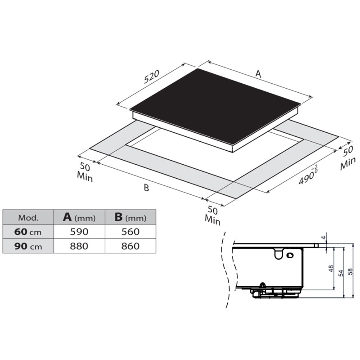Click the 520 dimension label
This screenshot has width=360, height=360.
click(152, 76)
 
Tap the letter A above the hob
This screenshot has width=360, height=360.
click(258, 74)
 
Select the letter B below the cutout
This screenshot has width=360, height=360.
click(146, 188)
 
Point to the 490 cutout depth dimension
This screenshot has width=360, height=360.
click(308, 175)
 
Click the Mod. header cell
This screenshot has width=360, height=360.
click(28, 217)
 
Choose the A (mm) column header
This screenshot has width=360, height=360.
click(79, 217)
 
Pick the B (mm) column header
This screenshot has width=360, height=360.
click(130, 217)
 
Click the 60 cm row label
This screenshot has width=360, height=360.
click(28, 232)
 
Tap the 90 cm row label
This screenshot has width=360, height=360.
click(28, 246)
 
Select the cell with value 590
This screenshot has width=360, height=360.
click(79, 232)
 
